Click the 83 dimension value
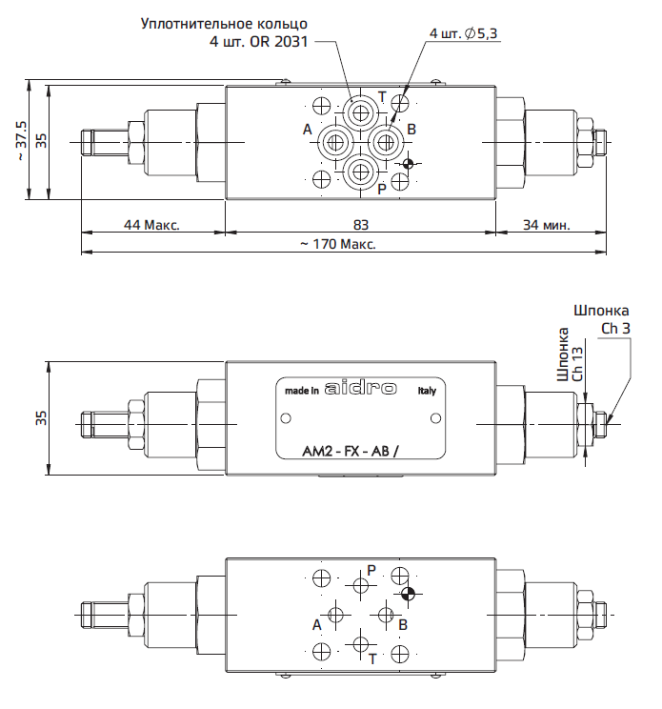[x=361, y=225]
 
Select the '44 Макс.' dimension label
[x=151, y=225]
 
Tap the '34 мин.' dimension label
[x=547, y=225]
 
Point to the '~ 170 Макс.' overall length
[x=338, y=244]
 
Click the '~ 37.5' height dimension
[x=21, y=140]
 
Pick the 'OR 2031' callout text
[x=279, y=42]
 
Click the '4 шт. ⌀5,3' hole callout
[x=463, y=33]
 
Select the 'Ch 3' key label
[x=615, y=328]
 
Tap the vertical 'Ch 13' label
[x=577, y=364]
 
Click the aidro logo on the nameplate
[x=361, y=389]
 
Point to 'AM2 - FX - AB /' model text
[x=351, y=451]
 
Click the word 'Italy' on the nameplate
[x=427, y=391]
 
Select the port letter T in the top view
[x=382, y=97]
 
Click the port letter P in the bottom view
[x=371, y=570]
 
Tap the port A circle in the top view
[x=335, y=143]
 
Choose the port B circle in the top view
[x=386, y=143]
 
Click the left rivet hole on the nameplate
[x=286, y=418]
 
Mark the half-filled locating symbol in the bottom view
[x=408, y=594]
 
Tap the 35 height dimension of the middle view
[x=41, y=417]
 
